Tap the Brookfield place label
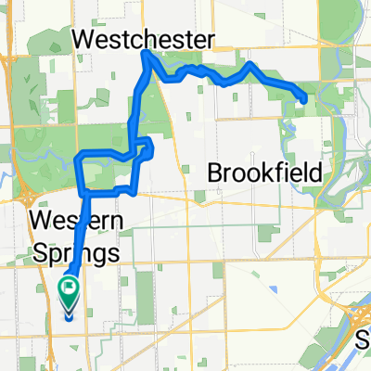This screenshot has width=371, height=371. pyautogui.click(x=264, y=173)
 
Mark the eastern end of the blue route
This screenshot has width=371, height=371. pyautogui.click(x=305, y=99)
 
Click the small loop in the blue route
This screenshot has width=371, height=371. pyautogui.click(x=146, y=147)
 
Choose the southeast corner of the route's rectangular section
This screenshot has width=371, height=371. pyautogui.click(x=136, y=192)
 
